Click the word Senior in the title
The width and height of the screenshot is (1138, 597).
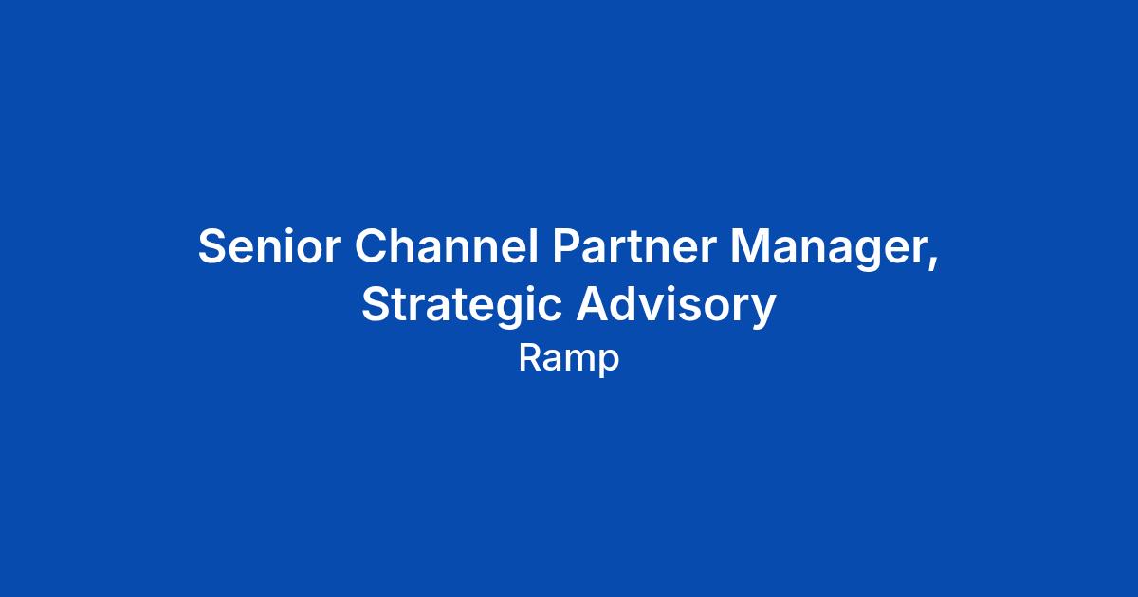[x=269, y=246]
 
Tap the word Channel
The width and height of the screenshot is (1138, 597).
[x=446, y=245]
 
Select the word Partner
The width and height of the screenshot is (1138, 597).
[x=634, y=246]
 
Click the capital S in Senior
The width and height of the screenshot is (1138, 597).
[x=211, y=246]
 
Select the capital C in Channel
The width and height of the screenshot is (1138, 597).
[x=372, y=246]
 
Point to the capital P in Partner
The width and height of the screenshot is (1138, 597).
[x=567, y=246]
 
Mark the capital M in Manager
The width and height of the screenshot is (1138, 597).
[x=750, y=246]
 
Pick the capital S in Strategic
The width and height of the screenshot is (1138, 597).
[x=376, y=304]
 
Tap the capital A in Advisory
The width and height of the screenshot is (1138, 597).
[x=594, y=304]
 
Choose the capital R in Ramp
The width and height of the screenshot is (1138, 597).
[x=530, y=358]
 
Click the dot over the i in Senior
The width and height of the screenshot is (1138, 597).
[x=291, y=231]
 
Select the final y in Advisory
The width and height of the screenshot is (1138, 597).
[x=762, y=312]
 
